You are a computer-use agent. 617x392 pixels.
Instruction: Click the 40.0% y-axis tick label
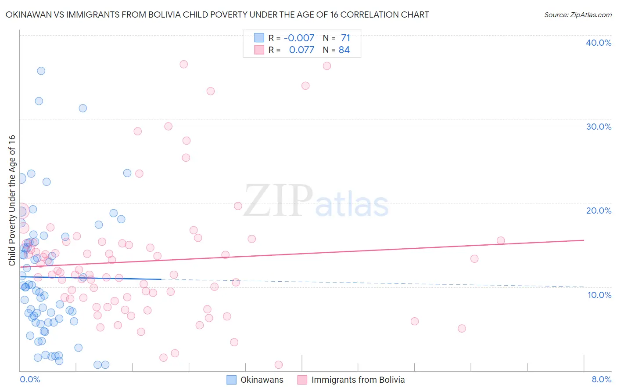[598, 43]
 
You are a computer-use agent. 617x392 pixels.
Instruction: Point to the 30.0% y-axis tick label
[598, 127]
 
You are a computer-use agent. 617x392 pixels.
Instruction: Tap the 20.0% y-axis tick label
[598, 211]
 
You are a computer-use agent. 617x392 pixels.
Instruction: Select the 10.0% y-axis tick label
[599, 294]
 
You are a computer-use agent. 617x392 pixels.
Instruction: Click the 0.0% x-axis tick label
[30, 379]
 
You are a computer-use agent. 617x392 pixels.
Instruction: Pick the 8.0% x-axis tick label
[601, 379]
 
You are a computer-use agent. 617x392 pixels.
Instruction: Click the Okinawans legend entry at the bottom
[262, 380]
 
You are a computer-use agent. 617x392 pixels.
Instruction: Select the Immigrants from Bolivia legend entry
[358, 380]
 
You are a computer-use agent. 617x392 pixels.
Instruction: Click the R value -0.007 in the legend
[299, 38]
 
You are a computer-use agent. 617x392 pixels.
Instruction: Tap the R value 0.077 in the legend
[301, 50]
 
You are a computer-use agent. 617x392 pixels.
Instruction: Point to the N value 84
[344, 50]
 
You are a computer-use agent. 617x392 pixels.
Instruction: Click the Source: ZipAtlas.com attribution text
[578, 15]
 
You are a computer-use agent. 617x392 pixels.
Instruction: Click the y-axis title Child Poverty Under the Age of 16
[12, 200]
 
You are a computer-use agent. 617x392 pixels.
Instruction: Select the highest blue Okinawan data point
[41, 71]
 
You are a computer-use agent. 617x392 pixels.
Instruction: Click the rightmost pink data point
[501, 240]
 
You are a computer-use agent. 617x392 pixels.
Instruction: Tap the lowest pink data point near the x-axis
[278, 365]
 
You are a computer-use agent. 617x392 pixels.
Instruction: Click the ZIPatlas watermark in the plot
[316, 201]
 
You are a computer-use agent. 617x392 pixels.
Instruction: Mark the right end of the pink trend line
[584, 240]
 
